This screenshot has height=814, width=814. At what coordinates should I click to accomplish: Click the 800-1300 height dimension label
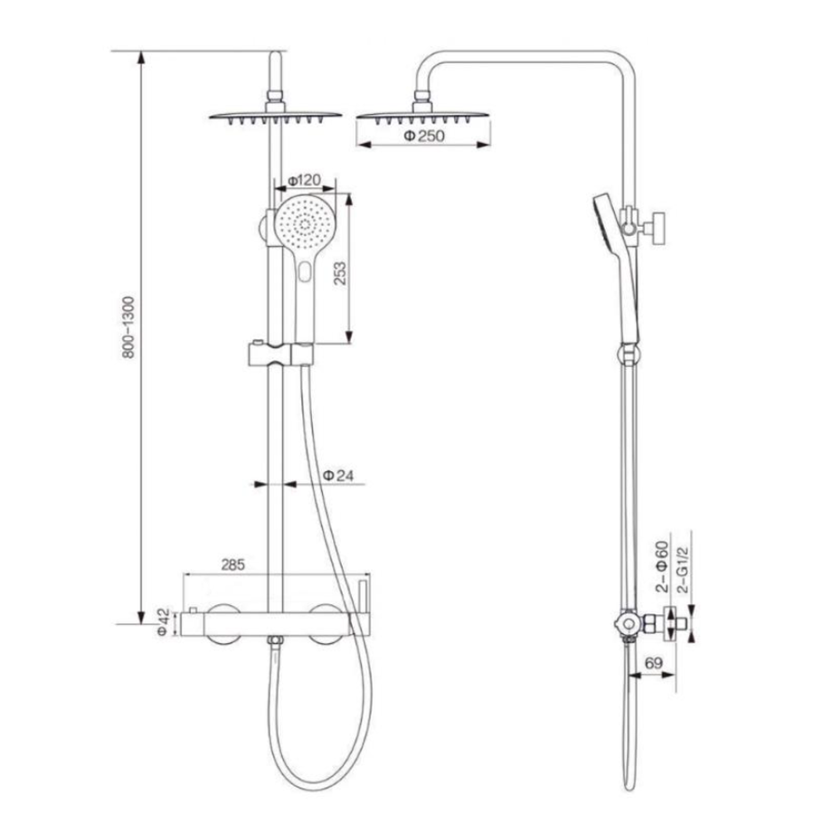tap(128, 327)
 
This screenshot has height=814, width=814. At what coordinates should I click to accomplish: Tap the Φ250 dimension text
tap(424, 136)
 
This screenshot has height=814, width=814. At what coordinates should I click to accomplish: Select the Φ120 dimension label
tap(304, 181)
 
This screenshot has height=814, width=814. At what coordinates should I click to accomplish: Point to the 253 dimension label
tap(340, 273)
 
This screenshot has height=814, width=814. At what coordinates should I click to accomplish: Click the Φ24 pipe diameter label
tap(338, 475)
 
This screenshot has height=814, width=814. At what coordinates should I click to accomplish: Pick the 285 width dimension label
tap(232, 564)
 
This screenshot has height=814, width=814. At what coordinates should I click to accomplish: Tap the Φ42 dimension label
tap(163, 622)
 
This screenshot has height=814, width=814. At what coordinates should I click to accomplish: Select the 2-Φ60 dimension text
tap(661, 567)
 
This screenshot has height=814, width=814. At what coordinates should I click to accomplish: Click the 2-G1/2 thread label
tap(683, 570)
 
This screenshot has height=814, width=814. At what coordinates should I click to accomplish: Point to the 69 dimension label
tap(654, 663)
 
